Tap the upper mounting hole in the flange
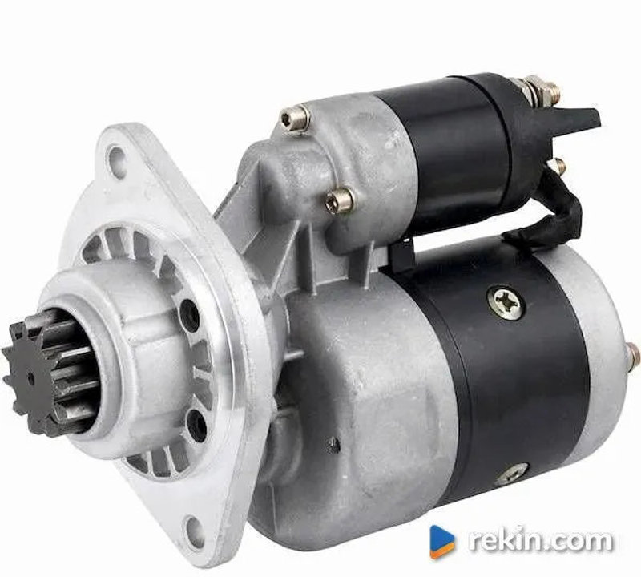(116, 158)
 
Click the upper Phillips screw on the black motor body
(506, 303)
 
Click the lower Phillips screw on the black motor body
(512, 474)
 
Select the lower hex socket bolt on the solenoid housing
(340, 200)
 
